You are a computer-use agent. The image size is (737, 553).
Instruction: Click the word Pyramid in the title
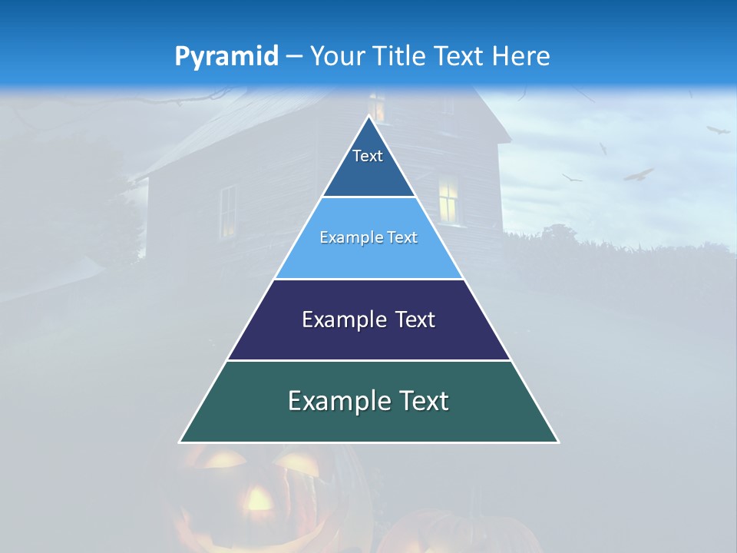[x=226, y=57]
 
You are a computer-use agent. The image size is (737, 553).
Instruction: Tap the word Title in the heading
[x=402, y=57]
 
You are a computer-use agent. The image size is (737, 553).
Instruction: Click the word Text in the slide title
[x=459, y=57]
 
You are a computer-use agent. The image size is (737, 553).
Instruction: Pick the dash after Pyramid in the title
[x=293, y=58]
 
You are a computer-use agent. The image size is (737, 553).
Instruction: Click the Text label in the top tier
[x=368, y=156]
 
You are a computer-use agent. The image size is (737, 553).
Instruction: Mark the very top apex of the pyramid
[x=369, y=118]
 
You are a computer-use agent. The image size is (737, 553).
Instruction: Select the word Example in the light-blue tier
[x=347, y=238]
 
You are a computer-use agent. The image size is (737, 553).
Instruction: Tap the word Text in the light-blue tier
[x=402, y=238]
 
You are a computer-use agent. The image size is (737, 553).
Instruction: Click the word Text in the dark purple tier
[x=415, y=320]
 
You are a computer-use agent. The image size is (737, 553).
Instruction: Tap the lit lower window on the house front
[x=448, y=199]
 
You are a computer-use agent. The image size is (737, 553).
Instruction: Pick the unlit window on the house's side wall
[x=228, y=210]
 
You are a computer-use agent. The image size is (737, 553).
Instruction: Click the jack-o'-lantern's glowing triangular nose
[x=259, y=499]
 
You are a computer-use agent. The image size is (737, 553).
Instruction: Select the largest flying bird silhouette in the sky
[x=638, y=175]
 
